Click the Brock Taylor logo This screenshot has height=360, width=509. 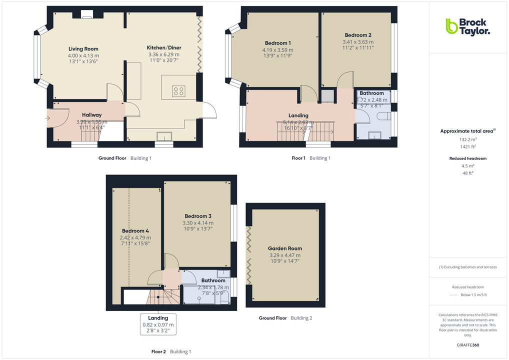(x=467, y=26)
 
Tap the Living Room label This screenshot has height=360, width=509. (x=83, y=49)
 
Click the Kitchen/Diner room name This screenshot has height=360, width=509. (x=163, y=47)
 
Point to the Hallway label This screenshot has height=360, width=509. (x=92, y=115)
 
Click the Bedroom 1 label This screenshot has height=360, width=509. (x=277, y=43)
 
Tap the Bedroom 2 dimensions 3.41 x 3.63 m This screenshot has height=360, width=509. (x=358, y=42)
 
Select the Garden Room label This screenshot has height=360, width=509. (x=285, y=248)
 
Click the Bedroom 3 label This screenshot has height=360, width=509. (x=198, y=216)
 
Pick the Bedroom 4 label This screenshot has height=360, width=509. (x=135, y=231)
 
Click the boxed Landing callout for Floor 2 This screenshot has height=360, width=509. (x=158, y=324)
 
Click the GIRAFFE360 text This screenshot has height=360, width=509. (x=468, y=345)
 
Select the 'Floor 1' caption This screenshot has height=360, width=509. (x=298, y=158)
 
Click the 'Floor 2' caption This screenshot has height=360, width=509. (x=158, y=352)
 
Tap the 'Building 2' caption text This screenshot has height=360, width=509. (x=301, y=318)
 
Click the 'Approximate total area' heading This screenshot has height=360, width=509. (x=466, y=131)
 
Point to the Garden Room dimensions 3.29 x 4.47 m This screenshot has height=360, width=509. (x=285, y=255)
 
